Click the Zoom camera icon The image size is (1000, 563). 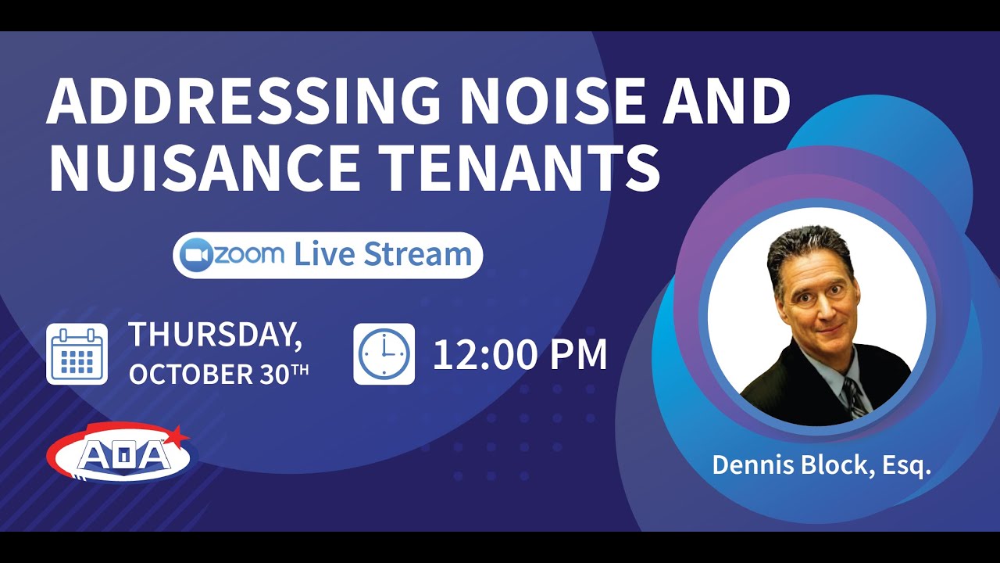tap(196, 255)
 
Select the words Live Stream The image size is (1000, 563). tap(383, 255)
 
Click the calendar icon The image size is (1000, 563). tap(77, 354)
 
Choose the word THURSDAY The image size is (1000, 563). tap(216, 335)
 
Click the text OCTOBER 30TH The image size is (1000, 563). tap(219, 374)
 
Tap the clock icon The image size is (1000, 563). tap(384, 354)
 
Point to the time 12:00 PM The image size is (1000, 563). tap(520, 354)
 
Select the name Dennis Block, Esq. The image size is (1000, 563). tap(822, 466)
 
